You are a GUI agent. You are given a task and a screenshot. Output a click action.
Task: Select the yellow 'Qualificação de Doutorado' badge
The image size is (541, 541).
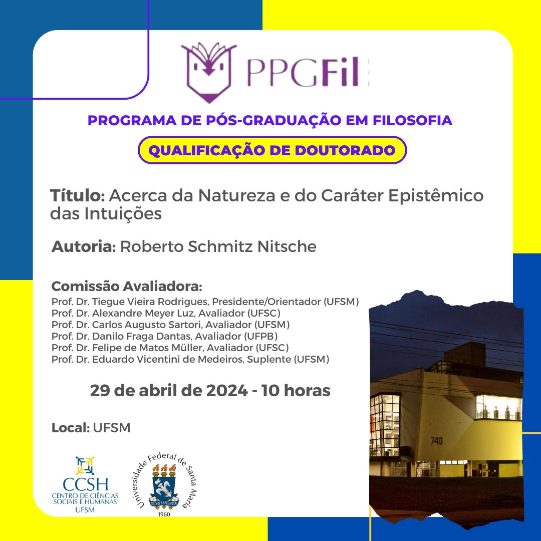(x=272, y=150)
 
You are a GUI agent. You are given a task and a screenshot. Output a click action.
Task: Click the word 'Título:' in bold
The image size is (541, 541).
(x=77, y=195)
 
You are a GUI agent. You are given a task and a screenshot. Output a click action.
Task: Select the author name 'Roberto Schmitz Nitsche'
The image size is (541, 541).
(x=218, y=246)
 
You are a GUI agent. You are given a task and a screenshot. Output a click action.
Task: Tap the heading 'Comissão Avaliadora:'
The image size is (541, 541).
(x=127, y=287)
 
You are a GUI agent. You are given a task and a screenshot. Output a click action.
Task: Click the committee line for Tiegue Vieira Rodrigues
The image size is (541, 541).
(x=205, y=302)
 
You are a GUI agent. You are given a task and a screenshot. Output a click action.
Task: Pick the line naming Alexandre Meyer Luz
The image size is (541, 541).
(x=166, y=313)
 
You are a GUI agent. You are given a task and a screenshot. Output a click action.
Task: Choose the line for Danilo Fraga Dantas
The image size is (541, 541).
(x=165, y=337)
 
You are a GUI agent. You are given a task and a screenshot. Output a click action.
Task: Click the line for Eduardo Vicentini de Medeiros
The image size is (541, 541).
(x=190, y=360)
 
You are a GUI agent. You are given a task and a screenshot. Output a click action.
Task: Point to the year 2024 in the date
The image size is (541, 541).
(x=227, y=391)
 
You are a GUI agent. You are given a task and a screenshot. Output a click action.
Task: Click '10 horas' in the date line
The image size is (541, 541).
(x=296, y=391)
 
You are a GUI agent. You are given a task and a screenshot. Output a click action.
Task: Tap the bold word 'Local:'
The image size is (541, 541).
(x=71, y=428)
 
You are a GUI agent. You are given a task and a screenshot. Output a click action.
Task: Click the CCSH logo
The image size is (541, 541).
(x=85, y=484)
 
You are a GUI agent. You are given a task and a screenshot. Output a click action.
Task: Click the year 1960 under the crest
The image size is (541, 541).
(x=164, y=514)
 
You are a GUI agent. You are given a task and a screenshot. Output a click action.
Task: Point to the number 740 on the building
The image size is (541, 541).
(x=436, y=441)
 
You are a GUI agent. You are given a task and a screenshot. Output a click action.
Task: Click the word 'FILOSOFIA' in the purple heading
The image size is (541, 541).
(x=412, y=120)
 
